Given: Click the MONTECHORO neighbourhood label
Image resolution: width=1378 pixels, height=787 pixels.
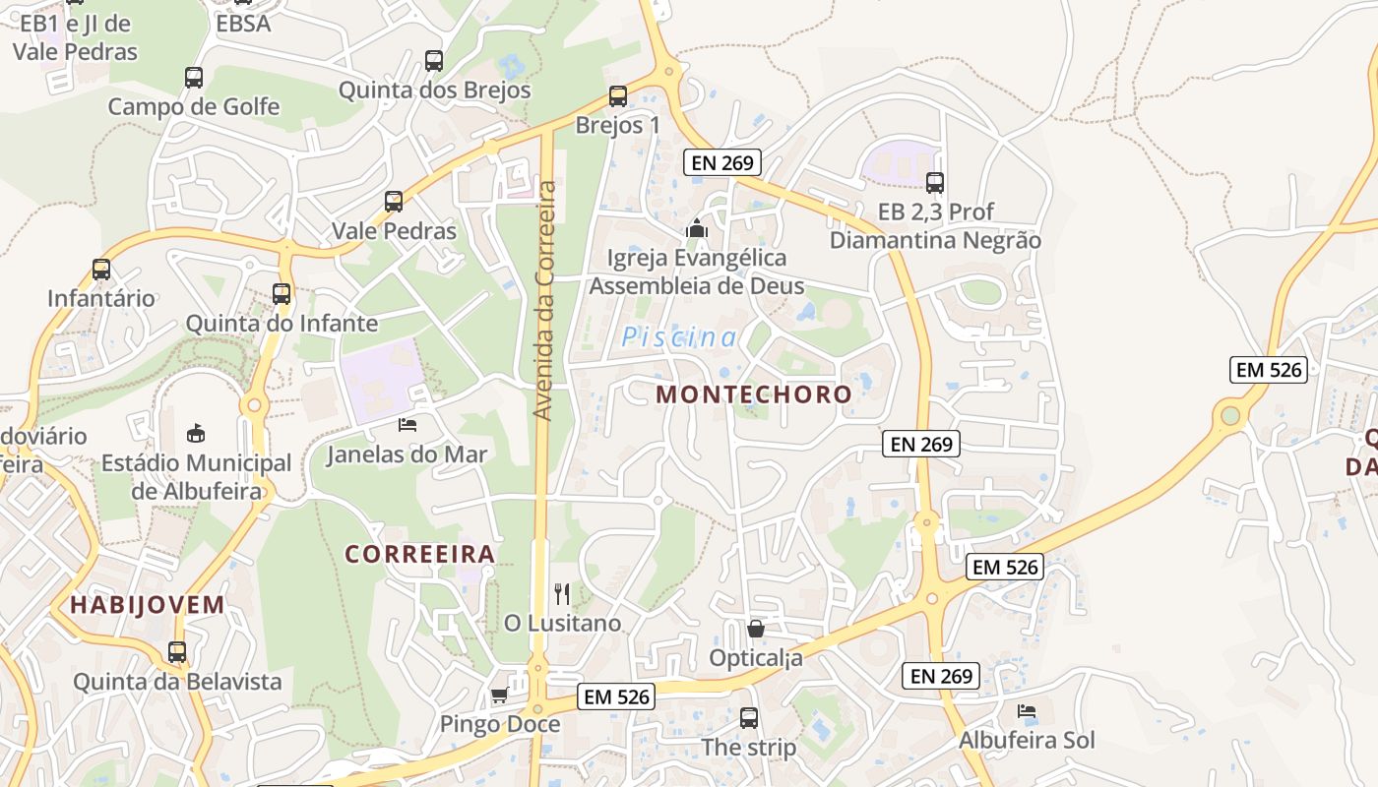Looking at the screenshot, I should click(x=754, y=394).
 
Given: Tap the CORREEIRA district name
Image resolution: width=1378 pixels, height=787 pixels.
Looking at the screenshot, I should click(x=419, y=555).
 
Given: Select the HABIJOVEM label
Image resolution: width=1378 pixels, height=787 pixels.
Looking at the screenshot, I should click(x=148, y=605).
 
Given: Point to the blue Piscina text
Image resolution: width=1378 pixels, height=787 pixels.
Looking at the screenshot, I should click(x=679, y=337).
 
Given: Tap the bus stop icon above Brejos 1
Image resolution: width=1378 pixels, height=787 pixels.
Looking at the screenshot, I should click(x=618, y=96).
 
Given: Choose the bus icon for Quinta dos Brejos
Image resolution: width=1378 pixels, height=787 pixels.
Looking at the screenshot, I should click(x=434, y=60).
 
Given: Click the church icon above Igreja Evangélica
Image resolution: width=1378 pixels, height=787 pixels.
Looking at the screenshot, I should click(x=697, y=229).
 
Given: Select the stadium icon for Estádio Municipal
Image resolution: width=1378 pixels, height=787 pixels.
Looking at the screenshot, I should click(x=196, y=432).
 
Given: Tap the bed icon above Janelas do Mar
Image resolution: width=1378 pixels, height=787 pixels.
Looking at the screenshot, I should click(x=407, y=425).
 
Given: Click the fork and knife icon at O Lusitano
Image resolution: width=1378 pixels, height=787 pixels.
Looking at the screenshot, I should click(x=562, y=593).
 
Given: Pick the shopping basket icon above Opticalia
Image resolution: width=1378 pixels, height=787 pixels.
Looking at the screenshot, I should click(x=756, y=628).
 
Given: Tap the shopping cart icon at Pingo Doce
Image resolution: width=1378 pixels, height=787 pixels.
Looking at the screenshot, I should click(x=499, y=696).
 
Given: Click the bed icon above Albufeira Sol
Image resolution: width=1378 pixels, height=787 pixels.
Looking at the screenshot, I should click(x=1027, y=710).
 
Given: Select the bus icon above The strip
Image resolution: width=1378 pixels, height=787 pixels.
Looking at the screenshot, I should click(x=749, y=717).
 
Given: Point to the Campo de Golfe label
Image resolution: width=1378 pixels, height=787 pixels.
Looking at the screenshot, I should click(x=194, y=106).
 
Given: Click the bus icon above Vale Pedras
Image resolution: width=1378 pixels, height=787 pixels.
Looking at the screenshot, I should click(x=394, y=202).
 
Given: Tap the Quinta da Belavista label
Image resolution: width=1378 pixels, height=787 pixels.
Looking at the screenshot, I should click(x=177, y=681).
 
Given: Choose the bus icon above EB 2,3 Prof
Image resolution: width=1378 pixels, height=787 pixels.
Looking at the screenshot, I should click(x=935, y=182).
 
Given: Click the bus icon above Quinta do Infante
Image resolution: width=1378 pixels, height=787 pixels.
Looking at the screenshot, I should click(x=282, y=293).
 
